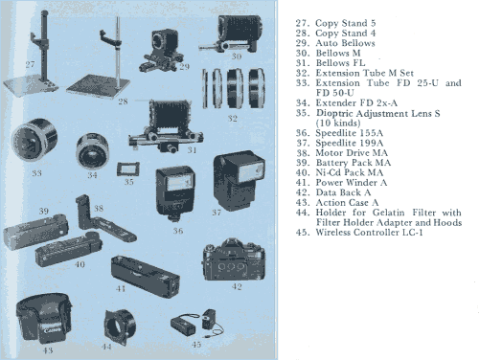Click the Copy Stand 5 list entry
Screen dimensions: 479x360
[335, 23]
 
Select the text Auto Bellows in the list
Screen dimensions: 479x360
[345, 43]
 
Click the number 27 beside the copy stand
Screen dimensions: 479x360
[30, 64]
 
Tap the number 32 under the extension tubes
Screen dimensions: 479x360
[232, 119]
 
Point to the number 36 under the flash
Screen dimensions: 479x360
[178, 231]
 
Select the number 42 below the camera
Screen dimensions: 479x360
[237, 286]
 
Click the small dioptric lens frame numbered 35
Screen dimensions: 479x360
[128, 169]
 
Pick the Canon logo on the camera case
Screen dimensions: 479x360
[53, 329]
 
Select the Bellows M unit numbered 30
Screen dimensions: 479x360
[232, 34]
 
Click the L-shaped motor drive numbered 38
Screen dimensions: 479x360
[103, 221]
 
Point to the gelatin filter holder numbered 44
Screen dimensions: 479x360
[120, 326]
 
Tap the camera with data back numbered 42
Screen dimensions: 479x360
[234, 259]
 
